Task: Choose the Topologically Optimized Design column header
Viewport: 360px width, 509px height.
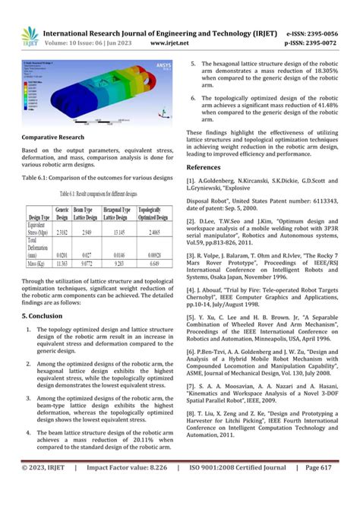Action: tap(154, 210)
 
